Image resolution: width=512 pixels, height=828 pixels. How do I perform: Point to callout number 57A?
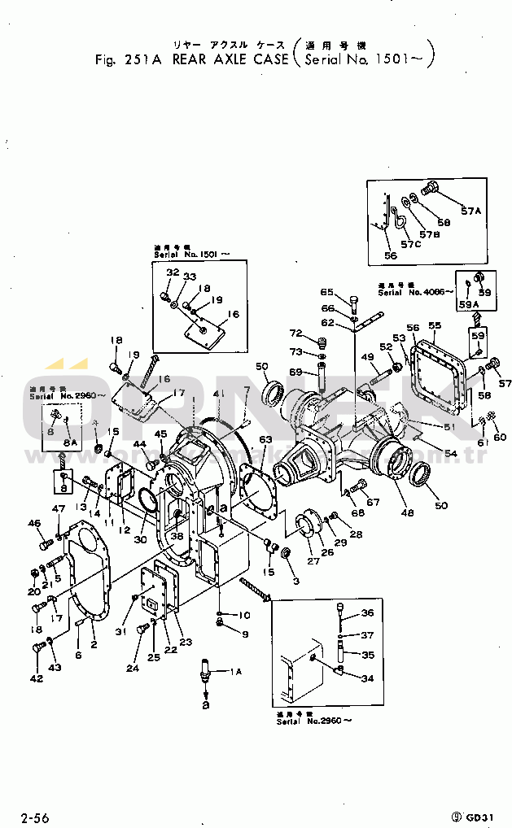pyautogui.click(x=472, y=211)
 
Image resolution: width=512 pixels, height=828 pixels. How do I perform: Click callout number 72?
pyautogui.click(x=295, y=334)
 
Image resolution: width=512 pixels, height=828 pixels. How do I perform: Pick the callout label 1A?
pyautogui.click(x=235, y=671)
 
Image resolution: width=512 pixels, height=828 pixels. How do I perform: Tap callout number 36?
pyautogui.click(x=367, y=613)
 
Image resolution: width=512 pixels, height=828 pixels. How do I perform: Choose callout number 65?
pyautogui.click(x=326, y=292)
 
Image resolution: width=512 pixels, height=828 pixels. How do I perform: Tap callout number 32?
pyautogui.click(x=173, y=272)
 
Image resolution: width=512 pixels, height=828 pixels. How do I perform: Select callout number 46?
pyautogui.click(x=34, y=522)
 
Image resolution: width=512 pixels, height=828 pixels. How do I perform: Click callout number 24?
pyautogui.click(x=133, y=669)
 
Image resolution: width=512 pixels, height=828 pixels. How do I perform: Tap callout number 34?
pyautogui.click(x=367, y=678)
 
